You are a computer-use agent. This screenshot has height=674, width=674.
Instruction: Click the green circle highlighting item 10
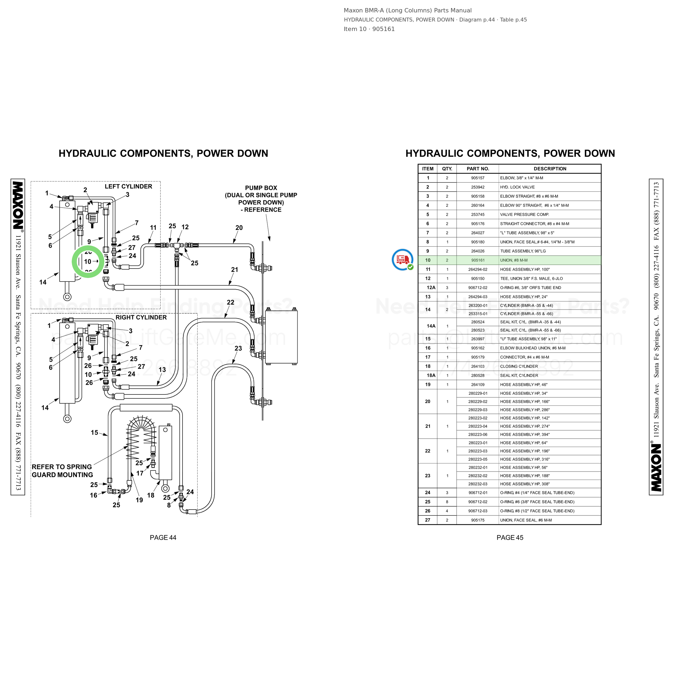(74, 262)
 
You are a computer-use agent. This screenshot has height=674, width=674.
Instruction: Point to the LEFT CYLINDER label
(128, 187)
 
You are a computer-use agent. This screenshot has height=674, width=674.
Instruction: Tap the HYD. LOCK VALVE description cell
(517, 187)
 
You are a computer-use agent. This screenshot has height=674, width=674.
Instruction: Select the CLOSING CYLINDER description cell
(519, 366)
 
